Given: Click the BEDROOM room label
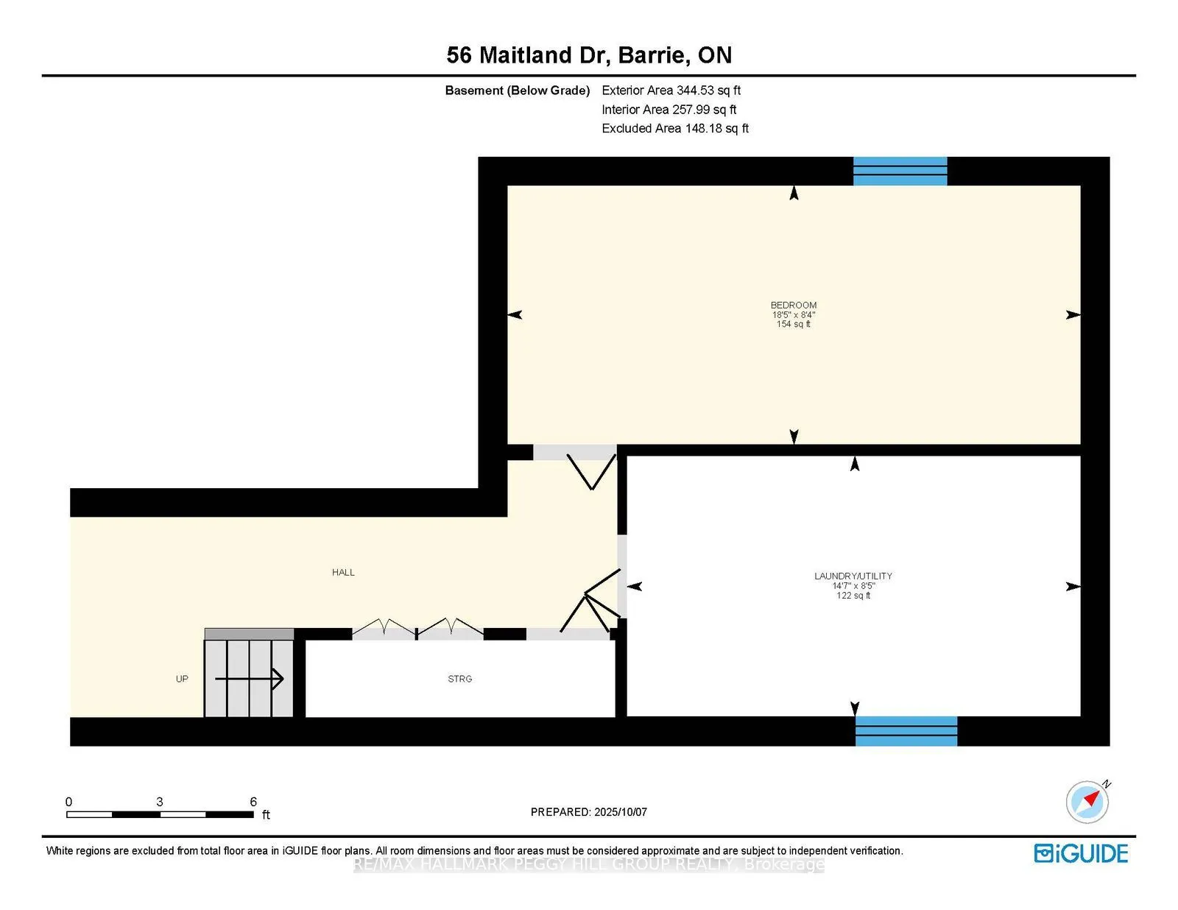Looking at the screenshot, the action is tap(793, 305).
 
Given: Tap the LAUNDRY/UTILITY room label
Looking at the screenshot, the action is tap(853, 576).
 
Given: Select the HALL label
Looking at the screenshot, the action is tap(343, 572).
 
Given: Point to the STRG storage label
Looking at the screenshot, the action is tap(459, 679).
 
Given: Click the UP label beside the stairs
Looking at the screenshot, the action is tap(182, 679).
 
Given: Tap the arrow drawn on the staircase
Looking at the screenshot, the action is tap(250, 679).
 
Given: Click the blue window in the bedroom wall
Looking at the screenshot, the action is tap(900, 172).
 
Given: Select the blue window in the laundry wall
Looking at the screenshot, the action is tap(906, 731).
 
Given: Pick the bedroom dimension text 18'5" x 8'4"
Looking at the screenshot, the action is tap(794, 315).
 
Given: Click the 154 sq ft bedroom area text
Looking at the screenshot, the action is tap(793, 324).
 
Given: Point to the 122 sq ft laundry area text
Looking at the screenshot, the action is tap(853, 596).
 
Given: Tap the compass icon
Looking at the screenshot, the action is tap(1087, 802).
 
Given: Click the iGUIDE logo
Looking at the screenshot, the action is tap(1081, 853).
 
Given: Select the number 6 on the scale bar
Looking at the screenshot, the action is tap(253, 802).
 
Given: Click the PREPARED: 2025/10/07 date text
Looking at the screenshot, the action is tap(589, 812).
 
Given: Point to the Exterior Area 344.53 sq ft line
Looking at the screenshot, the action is tap(671, 91).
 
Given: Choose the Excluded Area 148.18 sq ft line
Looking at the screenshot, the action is tap(675, 128).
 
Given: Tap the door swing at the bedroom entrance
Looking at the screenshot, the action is tap(591, 471).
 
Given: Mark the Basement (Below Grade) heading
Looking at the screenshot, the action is tap(517, 91).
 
